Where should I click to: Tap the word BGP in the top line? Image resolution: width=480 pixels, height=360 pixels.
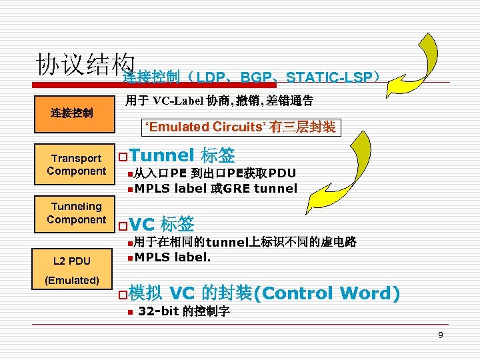coord(259,77)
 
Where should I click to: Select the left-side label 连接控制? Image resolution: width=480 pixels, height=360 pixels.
coord(72,113)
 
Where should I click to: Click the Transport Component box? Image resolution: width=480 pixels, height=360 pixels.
coord(76,165)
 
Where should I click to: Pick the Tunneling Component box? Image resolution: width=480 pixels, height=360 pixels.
coord(76,213)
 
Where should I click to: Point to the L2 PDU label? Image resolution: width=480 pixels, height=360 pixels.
coord(72,260)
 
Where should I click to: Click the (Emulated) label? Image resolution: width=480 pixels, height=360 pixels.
coord(72,280)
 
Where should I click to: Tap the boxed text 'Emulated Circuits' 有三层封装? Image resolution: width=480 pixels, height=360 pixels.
coord(241,127)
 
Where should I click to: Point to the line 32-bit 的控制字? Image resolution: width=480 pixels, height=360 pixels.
coord(183,311)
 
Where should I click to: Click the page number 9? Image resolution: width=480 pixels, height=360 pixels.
coord(440,334)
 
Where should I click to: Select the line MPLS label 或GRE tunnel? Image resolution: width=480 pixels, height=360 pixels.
coord(215,189)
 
